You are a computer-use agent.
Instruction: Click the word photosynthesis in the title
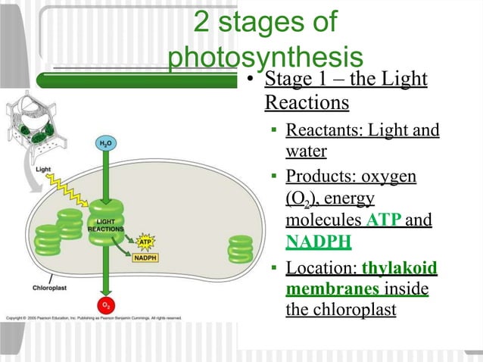266,58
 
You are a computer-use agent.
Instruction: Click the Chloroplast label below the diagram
52,288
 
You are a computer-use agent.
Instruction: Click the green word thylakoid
400,269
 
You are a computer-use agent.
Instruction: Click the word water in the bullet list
306,151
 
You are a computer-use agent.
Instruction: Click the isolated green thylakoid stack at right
241,249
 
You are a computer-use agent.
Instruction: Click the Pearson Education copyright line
95,317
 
